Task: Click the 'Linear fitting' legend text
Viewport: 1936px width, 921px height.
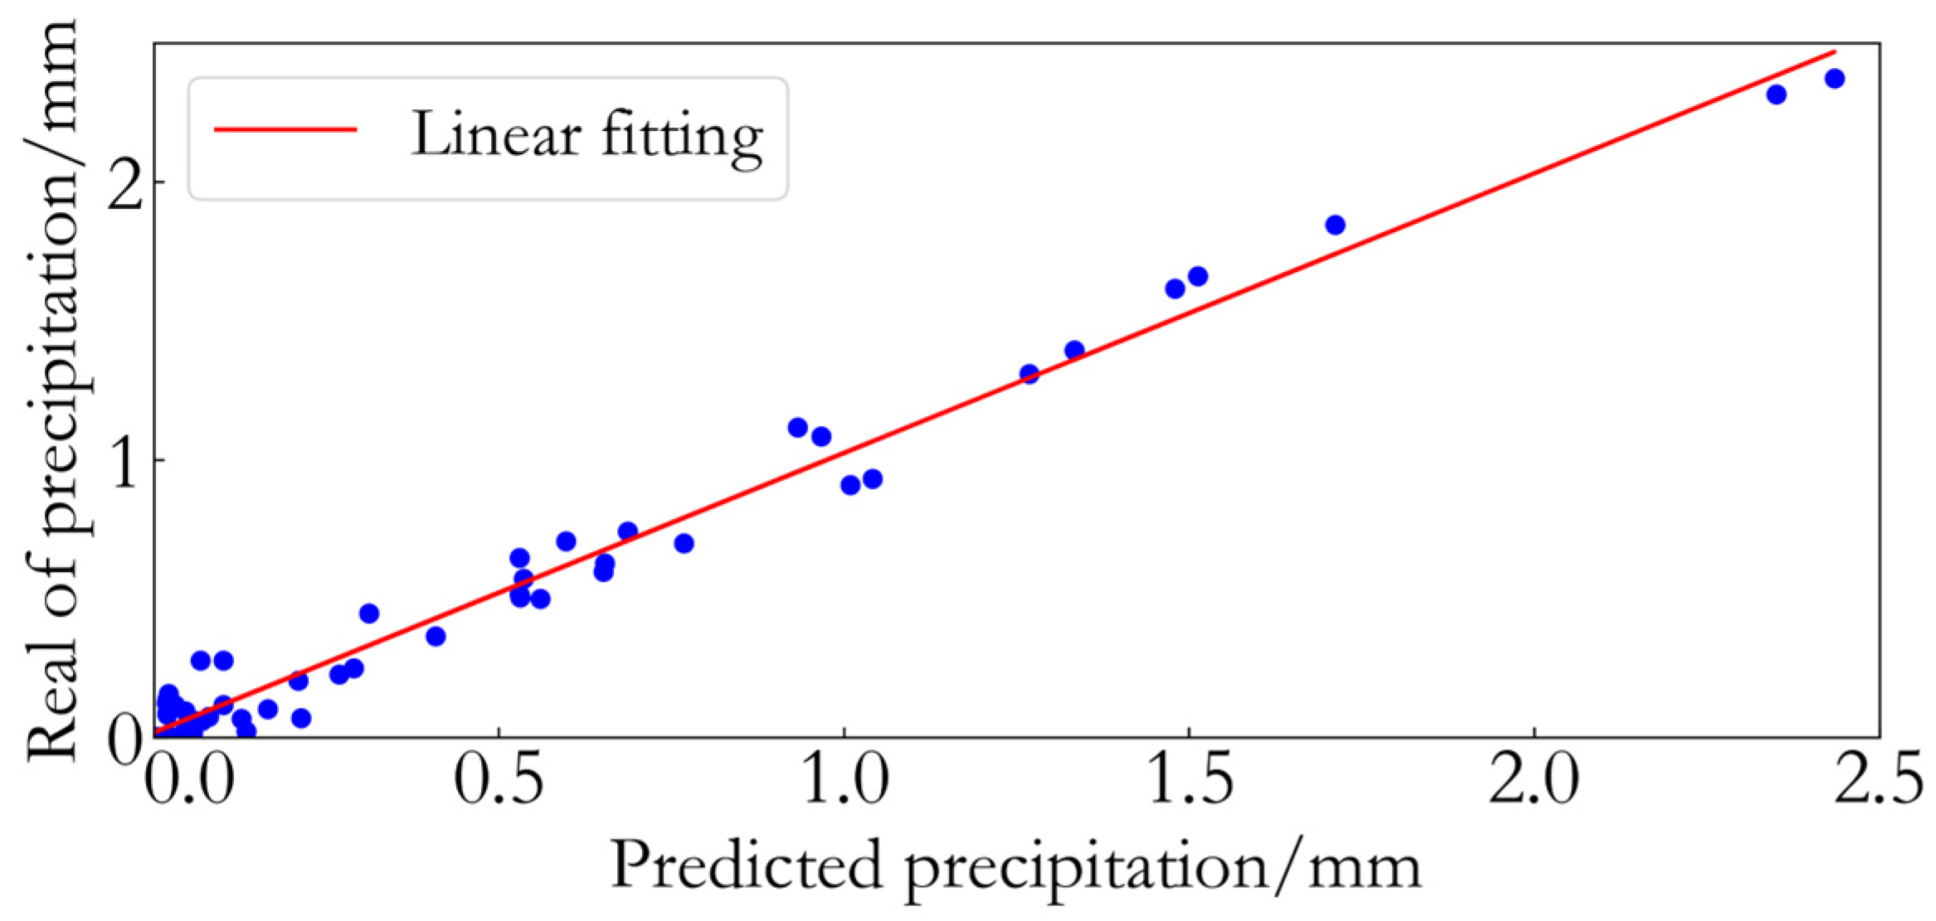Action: (586, 135)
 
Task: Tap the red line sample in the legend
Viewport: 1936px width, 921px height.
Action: (285, 129)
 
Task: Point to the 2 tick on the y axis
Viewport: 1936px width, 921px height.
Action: (124, 184)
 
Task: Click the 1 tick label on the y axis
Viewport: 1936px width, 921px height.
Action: (124, 462)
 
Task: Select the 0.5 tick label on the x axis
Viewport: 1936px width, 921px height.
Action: (498, 782)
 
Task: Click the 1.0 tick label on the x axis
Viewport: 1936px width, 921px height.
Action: (844, 782)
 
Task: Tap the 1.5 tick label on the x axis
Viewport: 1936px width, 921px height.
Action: (1189, 782)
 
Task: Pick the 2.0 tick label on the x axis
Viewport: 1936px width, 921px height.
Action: (1534, 782)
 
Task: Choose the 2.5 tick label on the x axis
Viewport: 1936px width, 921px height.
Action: (1878, 782)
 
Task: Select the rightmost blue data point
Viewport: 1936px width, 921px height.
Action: (1835, 79)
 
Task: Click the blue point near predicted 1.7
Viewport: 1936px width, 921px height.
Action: (1335, 225)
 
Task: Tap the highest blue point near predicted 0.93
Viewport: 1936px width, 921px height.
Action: (797, 428)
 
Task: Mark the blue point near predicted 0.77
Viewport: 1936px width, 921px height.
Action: (683, 544)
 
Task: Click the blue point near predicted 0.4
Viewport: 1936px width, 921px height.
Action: (435, 637)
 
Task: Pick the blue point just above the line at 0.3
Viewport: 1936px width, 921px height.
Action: (369, 613)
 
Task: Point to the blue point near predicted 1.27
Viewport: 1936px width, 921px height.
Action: (1029, 374)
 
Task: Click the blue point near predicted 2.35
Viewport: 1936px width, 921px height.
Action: (1776, 95)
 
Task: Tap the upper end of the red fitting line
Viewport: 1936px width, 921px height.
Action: (1834, 52)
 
